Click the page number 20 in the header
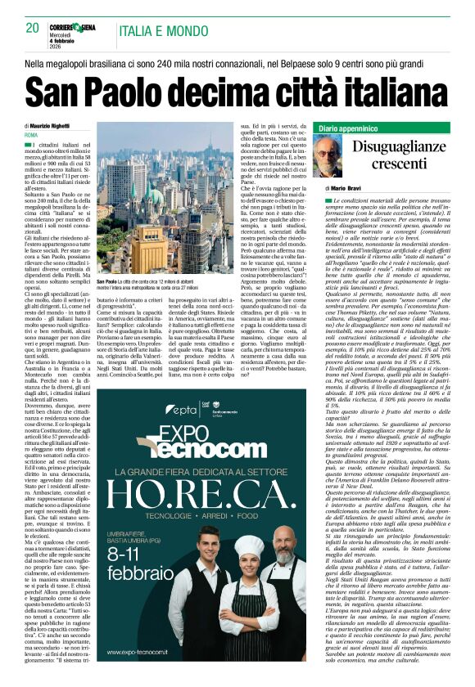point(33,27)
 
